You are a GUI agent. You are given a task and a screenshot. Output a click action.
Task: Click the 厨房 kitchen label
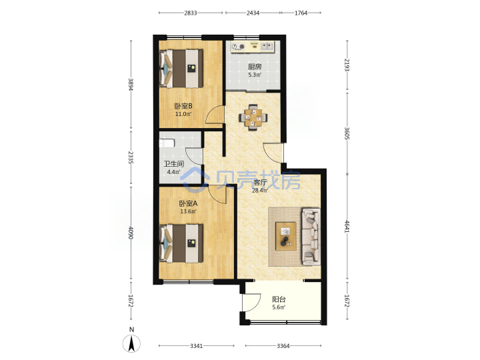point(255,67)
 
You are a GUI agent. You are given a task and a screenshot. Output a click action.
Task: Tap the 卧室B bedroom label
point(183,106)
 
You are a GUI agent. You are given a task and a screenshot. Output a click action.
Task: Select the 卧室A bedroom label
point(188,203)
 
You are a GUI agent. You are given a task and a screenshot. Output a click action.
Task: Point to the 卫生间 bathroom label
point(173,164)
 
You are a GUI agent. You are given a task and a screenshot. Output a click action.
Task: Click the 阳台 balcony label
point(279,299)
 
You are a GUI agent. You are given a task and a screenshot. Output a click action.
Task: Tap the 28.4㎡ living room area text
point(259,191)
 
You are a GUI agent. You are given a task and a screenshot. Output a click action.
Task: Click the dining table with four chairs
point(253,117)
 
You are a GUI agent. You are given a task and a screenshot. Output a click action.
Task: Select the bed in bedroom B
point(181,69)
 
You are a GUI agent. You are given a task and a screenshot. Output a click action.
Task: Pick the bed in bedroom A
point(181,243)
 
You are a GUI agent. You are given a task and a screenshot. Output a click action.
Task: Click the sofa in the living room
point(311,236)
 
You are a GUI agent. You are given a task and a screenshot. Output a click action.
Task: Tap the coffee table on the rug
point(285,236)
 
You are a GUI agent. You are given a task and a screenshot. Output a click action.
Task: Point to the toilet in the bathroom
point(167,143)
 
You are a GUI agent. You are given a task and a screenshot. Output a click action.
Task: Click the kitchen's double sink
point(267,47)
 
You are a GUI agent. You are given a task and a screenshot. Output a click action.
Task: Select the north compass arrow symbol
point(131,343)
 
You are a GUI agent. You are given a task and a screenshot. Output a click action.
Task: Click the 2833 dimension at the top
point(191,13)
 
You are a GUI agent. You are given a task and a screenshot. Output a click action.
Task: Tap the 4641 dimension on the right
point(347,226)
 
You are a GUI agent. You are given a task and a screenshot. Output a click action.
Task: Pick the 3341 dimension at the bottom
point(196,346)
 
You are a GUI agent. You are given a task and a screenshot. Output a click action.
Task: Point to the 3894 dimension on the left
point(131,85)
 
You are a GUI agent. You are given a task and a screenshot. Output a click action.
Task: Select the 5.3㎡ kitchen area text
point(255,75)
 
